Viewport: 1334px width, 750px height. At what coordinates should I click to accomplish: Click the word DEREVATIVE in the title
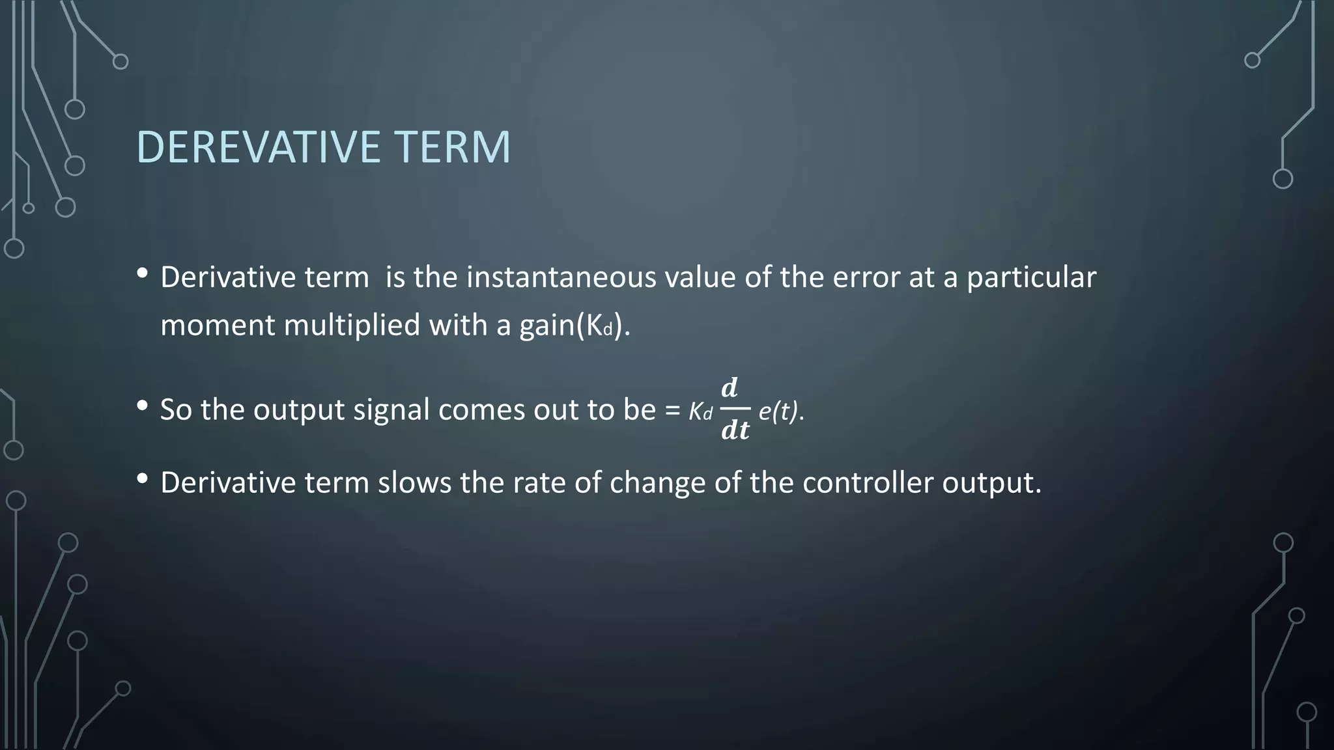pyautogui.click(x=258, y=147)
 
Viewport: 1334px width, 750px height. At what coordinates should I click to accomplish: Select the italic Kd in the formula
pyautogui.click(x=700, y=411)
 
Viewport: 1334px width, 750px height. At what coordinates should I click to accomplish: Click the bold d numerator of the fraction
pyautogui.click(x=730, y=388)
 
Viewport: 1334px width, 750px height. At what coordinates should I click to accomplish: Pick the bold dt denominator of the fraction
pyautogui.click(x=735, y=430)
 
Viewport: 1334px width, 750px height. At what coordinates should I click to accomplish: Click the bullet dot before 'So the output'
pyautogui.click(x=143, y=406)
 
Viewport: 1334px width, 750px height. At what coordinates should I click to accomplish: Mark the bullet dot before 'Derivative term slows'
pyautogui.click(x=143, y=479)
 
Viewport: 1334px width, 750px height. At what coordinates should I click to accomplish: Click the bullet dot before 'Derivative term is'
pyautogui.click(x=143, y=273)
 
